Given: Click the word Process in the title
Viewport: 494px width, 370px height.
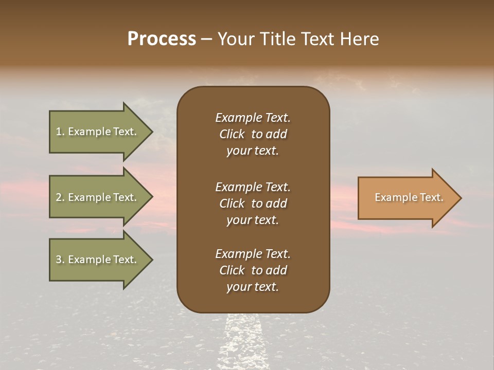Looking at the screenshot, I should coord(162,39).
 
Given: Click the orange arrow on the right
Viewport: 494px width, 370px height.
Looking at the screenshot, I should coord(407,198).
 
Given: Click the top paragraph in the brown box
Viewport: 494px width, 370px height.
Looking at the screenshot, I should coord(253,134).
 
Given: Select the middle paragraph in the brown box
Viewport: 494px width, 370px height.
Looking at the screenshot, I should coord(253,203).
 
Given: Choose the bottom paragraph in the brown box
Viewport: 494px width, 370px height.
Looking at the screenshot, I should coord(253,270).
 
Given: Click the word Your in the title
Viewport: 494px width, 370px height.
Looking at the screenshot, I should coord(235,39).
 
